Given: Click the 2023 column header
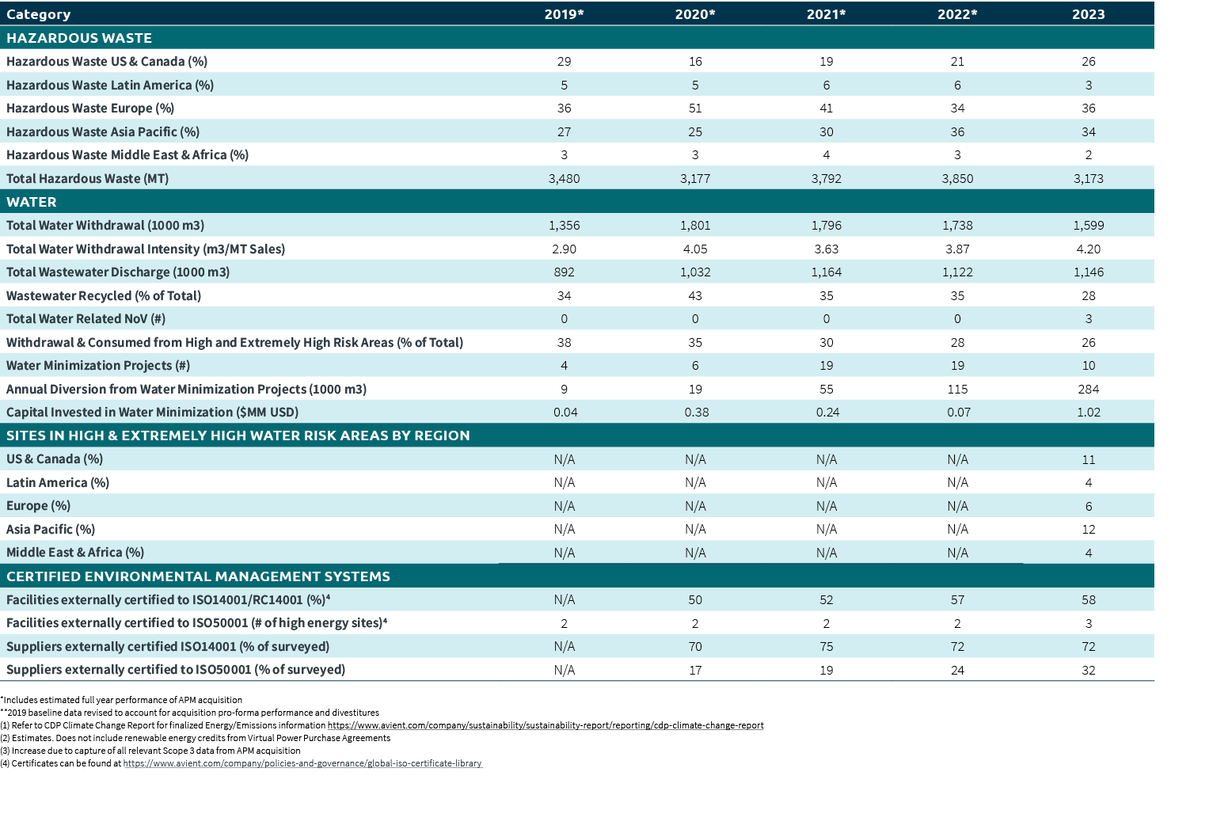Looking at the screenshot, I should [1088, 14].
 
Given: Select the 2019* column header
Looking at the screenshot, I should [564, 14].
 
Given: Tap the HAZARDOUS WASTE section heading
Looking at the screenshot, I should [79, 38].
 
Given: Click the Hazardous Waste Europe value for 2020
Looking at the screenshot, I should [695, 108].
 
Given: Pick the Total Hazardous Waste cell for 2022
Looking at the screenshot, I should [957, 179].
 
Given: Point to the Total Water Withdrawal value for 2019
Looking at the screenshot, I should [564, 226].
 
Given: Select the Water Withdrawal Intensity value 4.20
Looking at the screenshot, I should [1088, 249].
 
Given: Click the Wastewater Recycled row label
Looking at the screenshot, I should [104, 296].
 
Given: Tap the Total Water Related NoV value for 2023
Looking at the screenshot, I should [1088, 319].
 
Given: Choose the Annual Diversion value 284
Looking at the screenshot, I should [1088, 390].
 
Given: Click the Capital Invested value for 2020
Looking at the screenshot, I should [696, 413].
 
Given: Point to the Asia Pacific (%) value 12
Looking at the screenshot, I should [1088, 530].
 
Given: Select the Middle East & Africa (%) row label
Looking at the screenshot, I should [75, 553].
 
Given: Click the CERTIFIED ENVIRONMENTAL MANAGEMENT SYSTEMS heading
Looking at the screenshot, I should [198, 576].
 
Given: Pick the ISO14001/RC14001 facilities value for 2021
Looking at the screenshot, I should [826, 600].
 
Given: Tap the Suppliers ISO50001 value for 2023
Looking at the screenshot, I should [1088, 671].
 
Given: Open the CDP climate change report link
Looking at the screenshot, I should [546, 725].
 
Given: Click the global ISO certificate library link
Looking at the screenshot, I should [302, 763].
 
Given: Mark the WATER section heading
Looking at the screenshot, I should [32, 202].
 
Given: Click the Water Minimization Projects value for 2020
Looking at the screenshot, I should [695, 366].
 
